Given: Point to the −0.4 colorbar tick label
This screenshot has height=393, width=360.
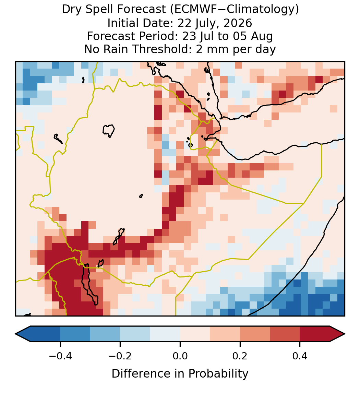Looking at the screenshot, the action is [60, 356].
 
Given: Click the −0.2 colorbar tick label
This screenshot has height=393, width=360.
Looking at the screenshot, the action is [120, 356].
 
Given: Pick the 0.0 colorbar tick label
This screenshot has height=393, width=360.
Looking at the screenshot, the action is [180, 356].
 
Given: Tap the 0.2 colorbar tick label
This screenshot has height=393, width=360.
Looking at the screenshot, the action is [240, 356].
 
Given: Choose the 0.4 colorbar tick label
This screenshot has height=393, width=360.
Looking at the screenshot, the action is [300, 356].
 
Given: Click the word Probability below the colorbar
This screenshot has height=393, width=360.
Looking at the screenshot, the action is [218, 374].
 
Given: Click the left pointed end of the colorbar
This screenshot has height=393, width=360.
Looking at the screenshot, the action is [16, 334].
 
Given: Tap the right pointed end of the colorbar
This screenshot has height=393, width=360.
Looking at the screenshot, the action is [345, 334].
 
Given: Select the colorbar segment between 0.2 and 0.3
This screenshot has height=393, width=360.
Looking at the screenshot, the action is [255, 334].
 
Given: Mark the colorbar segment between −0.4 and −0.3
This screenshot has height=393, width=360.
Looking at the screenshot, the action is [75, 334].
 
